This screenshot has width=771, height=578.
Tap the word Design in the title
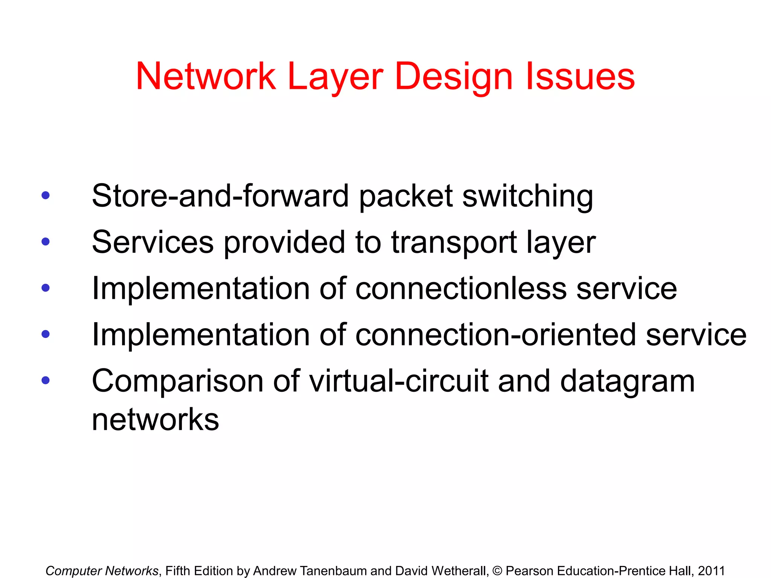point(454,77)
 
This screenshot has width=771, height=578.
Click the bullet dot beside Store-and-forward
point(46,195)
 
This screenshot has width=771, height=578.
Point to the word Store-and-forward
point(220,196)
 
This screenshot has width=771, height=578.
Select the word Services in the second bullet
point(153,242)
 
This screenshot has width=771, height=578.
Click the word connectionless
point(461,289)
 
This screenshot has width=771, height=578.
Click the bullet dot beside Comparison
point(46,380)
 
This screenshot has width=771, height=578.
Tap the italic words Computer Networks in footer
point(102,571)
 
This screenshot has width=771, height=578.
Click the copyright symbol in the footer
point(497,571)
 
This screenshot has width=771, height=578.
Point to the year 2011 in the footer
point(711,571)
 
